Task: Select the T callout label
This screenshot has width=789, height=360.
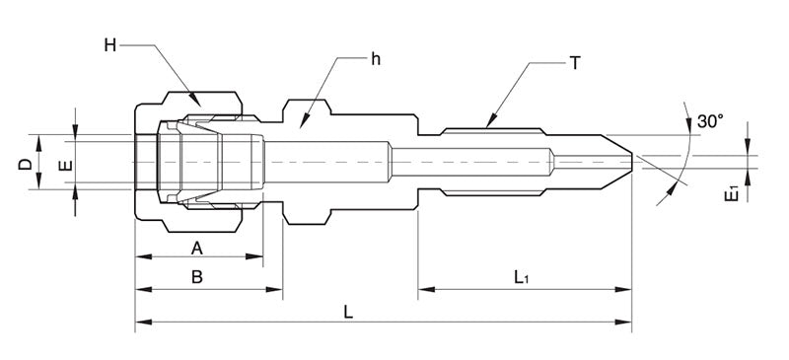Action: point(575,62)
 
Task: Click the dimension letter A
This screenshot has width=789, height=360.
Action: point(196,246)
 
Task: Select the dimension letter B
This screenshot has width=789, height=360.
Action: point(196,279)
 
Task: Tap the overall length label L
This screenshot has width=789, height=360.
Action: point(348,311)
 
